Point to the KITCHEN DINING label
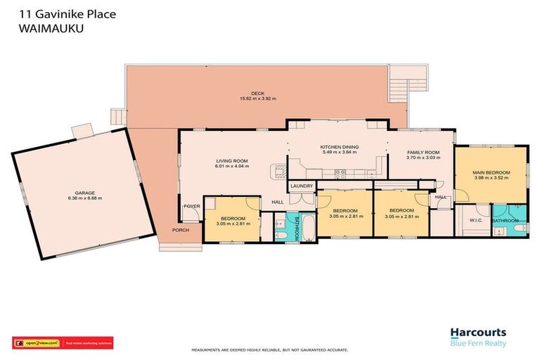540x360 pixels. [340, 146]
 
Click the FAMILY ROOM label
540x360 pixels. [423, 153]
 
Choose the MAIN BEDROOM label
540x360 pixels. [491, 172]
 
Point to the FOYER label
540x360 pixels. [191, 207]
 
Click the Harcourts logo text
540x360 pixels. [478, 333]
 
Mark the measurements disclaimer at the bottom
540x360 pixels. [270, 349]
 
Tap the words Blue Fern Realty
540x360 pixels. [478, 343]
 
